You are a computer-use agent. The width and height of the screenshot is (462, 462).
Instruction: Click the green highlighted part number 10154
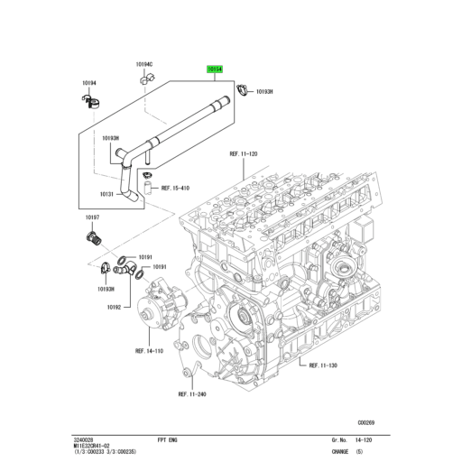[215, 69]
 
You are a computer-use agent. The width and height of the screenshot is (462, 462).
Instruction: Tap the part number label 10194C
[144, 65]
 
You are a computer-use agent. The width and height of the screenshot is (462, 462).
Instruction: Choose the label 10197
[92, 217]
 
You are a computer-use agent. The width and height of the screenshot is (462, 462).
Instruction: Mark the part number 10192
[114, 308]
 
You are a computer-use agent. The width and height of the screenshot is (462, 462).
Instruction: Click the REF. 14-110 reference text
[150, 350]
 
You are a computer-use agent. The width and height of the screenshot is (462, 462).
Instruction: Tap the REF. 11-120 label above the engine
[244, 154]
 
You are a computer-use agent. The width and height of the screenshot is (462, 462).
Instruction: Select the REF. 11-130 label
[322, 365]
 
